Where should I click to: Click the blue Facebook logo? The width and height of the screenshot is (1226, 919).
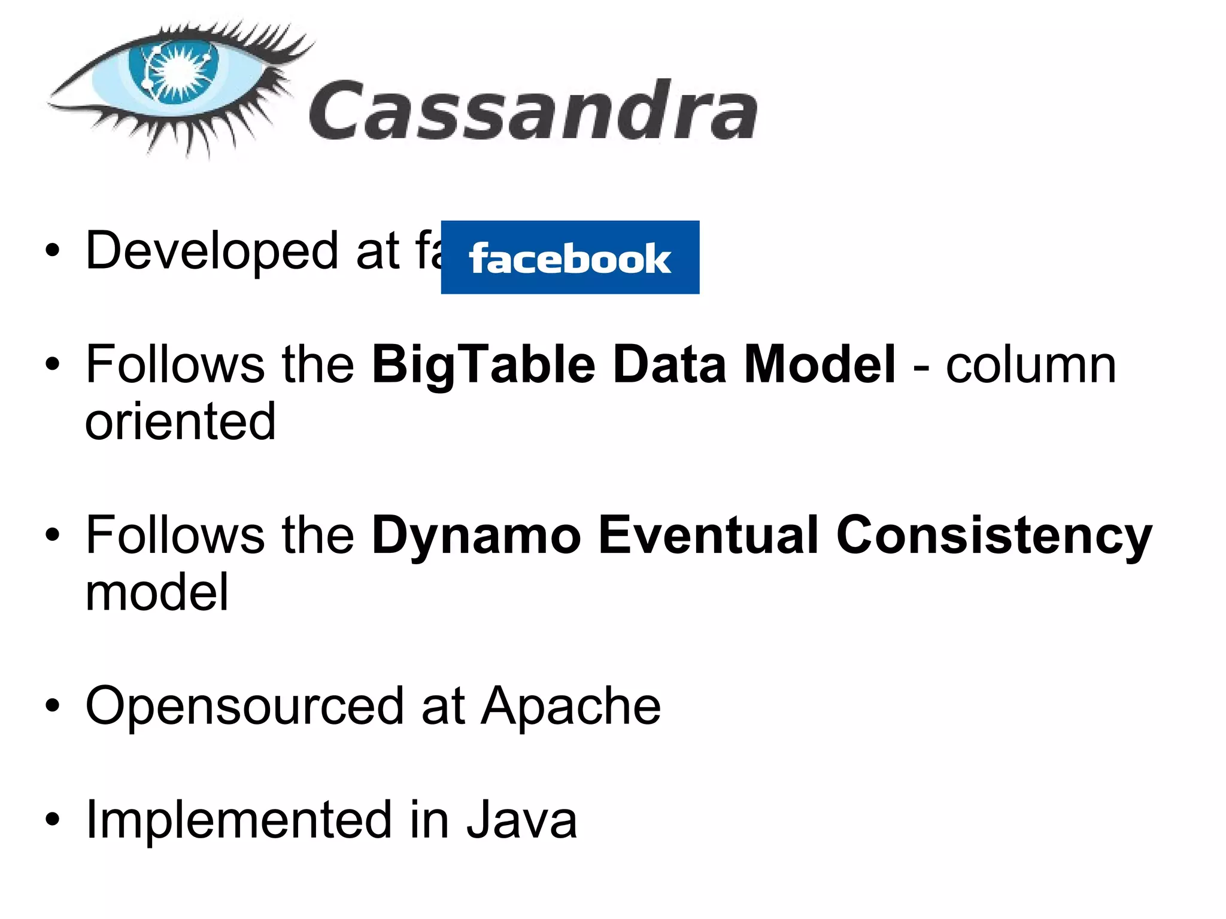pos(570,257)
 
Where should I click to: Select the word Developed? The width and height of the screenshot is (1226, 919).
pos(212,251)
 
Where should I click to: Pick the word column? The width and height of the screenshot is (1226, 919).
pos(1031,365)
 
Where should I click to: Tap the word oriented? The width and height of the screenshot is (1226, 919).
pos(180,422)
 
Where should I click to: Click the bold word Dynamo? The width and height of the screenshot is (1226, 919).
pos(477,536)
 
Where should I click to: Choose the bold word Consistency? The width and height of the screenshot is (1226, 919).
pos(994,536)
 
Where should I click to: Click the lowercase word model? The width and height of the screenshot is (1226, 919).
pos(157,592)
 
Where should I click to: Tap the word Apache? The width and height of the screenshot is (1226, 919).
pos(572,706)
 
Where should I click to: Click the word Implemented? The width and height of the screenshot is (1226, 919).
pos(239,820)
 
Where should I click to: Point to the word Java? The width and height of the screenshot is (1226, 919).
pos(521,820)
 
